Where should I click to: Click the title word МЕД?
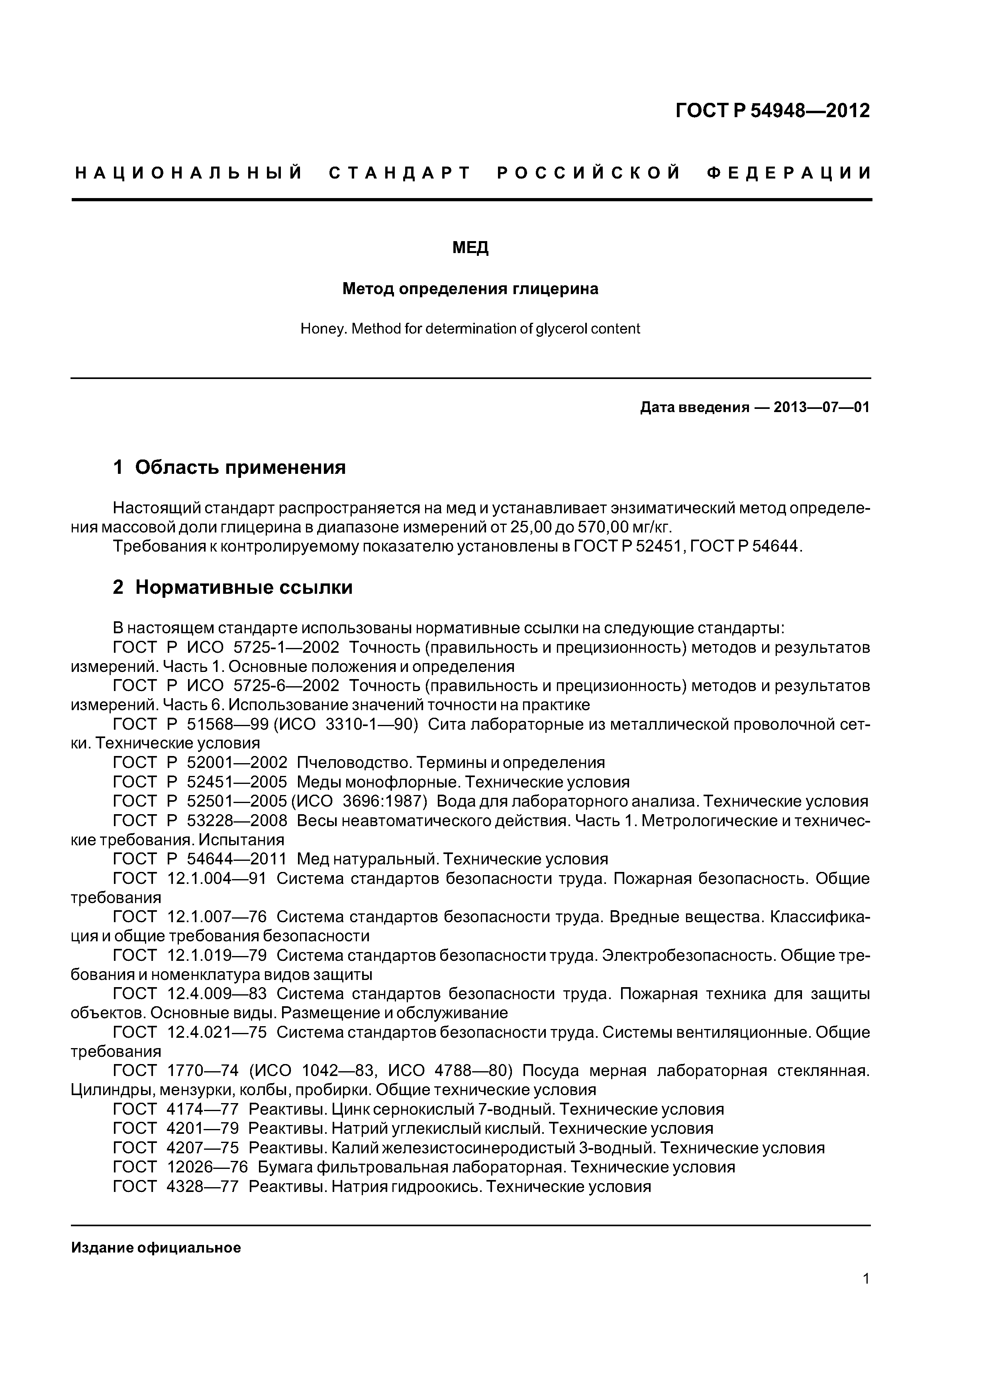pyautogui.click(x=470, y=248)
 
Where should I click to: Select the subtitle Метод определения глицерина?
pyautogui.click(x=470, y=289)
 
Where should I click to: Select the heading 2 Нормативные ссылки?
pyautogui.click(x=233, y=587)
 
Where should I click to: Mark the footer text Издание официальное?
pyautogui.click(x=156, y=1248)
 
